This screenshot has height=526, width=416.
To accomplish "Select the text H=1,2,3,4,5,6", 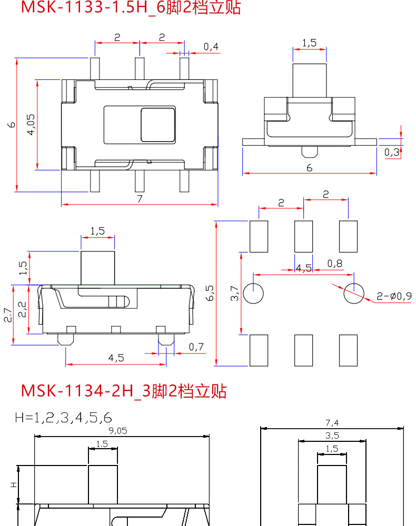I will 64,418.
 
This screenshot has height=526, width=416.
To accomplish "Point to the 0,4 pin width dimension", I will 211,47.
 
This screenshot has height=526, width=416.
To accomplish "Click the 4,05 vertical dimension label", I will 30,125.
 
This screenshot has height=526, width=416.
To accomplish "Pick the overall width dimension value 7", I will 139,198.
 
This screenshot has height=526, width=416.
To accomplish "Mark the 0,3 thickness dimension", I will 391,153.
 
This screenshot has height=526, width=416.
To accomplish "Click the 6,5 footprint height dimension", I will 210,293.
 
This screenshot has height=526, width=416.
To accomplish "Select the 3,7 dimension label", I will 235,294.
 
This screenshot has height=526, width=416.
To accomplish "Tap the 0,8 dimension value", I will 334,263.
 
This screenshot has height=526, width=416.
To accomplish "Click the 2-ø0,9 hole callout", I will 394,296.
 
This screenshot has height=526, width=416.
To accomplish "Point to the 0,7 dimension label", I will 196,347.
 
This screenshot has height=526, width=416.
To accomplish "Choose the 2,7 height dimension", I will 7,315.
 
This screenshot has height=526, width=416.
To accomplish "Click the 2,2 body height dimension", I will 22,310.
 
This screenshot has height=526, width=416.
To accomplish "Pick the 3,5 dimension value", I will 332,436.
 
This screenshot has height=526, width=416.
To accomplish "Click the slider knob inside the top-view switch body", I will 157,125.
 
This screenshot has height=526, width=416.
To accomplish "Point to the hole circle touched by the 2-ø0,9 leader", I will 353,294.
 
